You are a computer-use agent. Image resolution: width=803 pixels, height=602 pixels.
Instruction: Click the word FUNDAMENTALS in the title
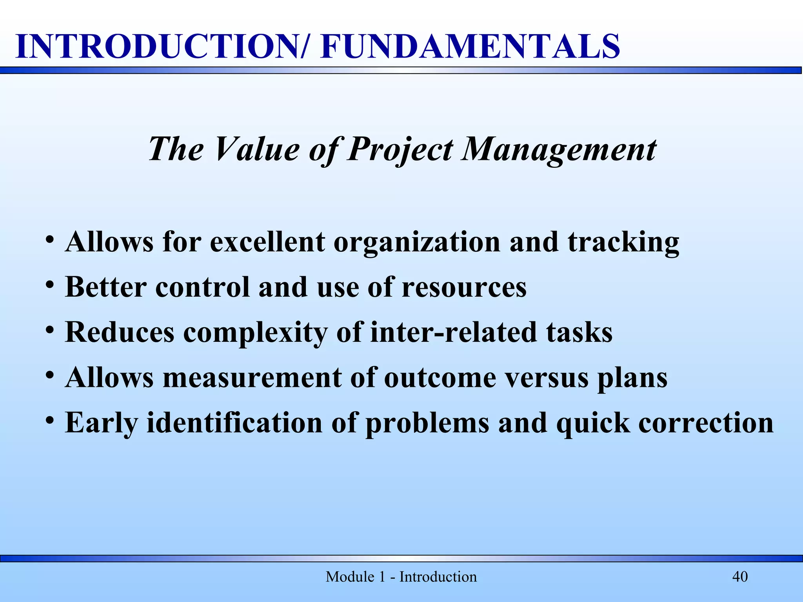tap(470, 46)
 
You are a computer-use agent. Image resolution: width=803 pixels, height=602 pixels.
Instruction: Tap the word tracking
tap(623, 242)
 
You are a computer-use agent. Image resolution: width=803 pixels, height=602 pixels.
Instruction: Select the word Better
tap(106, 287)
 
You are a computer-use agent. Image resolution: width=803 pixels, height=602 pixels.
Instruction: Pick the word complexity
tap(255, 332)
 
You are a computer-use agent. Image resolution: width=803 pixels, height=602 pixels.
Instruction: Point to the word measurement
tap(252, 378)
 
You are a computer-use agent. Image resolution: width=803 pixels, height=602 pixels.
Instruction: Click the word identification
tap(234, 423)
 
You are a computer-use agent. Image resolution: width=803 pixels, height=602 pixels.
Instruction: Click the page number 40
tap(740, 577)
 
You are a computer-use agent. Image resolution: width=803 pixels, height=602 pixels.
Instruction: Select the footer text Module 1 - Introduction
tap(401, 577)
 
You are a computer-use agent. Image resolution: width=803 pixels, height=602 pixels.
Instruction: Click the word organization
tap(417, 242)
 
